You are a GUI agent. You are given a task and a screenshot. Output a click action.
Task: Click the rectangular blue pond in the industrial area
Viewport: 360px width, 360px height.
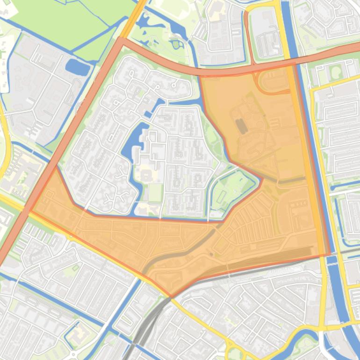78,67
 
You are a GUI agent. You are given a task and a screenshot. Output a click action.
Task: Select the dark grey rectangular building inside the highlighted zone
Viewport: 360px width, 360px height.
241,125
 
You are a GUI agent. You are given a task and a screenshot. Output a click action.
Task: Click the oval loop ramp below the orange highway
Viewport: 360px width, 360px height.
274,81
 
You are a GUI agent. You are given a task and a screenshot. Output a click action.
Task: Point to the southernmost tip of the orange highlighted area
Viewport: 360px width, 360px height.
171,296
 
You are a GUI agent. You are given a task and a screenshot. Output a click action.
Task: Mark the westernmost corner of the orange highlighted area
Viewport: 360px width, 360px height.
30,211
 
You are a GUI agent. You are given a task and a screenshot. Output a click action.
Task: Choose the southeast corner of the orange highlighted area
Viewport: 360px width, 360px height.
330,254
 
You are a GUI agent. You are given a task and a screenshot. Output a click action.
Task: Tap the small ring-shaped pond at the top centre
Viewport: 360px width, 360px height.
177,44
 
